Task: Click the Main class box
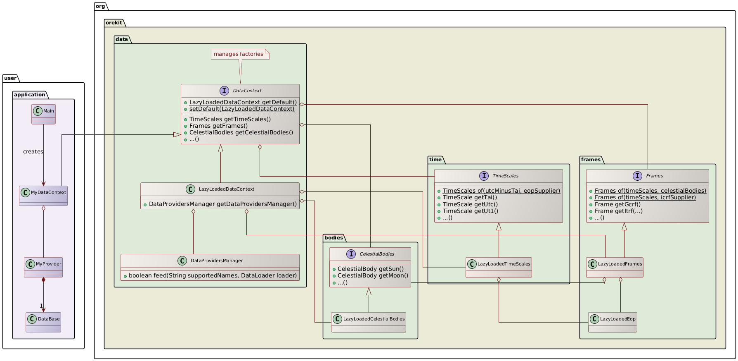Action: (x=43, y=114)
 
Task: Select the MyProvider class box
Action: (x=43, y=267)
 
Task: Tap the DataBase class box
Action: (x=43, y=322)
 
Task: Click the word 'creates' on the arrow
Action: (x=33, y=152)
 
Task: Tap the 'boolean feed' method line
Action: (x=212, y=275)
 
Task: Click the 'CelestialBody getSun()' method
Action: (x=370, y=269)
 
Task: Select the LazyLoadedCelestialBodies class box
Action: (x=369, y=322)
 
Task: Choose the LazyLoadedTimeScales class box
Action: (x=499, y=267)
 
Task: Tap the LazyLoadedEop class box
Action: (x=613, y=322)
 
